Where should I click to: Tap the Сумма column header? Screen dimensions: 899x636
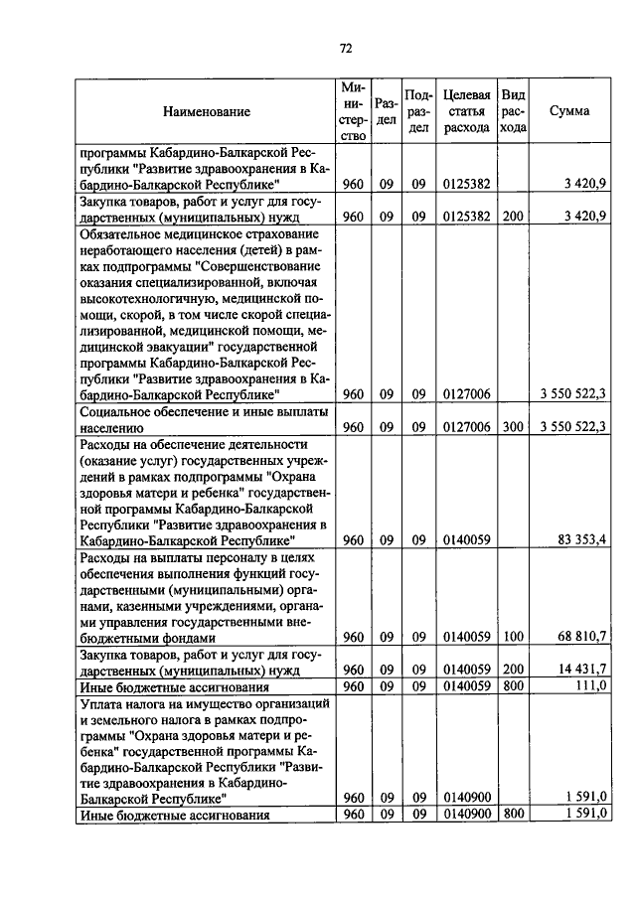click(569, 111)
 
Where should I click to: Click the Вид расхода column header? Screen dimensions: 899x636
click(513, 111)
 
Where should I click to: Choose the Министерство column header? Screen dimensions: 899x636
click(354, 111)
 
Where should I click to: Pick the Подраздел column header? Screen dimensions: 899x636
click(419, 111)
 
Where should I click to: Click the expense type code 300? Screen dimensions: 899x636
click(513, 427)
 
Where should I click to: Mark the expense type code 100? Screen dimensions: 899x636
click(513, 636)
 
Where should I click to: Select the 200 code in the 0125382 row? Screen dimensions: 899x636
click(513, 216)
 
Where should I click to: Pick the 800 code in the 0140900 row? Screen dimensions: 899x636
click(513, 815)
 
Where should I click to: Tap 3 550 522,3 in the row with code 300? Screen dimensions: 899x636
click(567, 427)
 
